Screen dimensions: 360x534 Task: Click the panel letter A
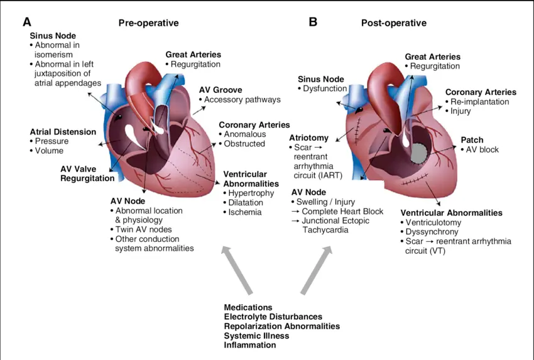(27, 22)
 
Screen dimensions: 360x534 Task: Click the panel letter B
(313, 22)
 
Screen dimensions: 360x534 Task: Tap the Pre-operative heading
(148, 23)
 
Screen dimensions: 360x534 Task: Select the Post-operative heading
(393, 23)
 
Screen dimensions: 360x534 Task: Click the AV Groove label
(221, 90)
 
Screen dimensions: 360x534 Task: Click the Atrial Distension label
(63, 132)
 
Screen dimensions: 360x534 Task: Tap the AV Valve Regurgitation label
(87, 173)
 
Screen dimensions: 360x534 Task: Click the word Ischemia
(244, 212)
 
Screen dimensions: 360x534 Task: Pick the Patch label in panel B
(472, 139)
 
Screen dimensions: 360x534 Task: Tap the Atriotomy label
(309, 138)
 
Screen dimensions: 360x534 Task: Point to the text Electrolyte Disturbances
(273, 317)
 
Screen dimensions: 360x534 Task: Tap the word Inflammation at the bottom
(249, 345)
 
